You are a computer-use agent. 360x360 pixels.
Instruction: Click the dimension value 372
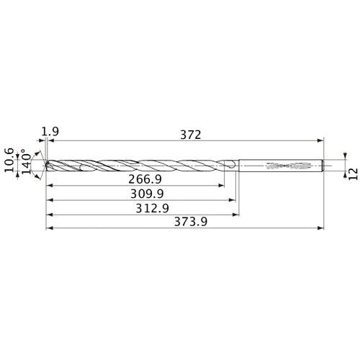tap(189, 135)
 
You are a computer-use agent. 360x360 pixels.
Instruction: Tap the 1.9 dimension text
tap(50, 131)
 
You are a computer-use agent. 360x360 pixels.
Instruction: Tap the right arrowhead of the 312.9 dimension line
tap(237, 215)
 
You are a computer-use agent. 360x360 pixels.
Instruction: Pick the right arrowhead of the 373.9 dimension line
tap(321, 230)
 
